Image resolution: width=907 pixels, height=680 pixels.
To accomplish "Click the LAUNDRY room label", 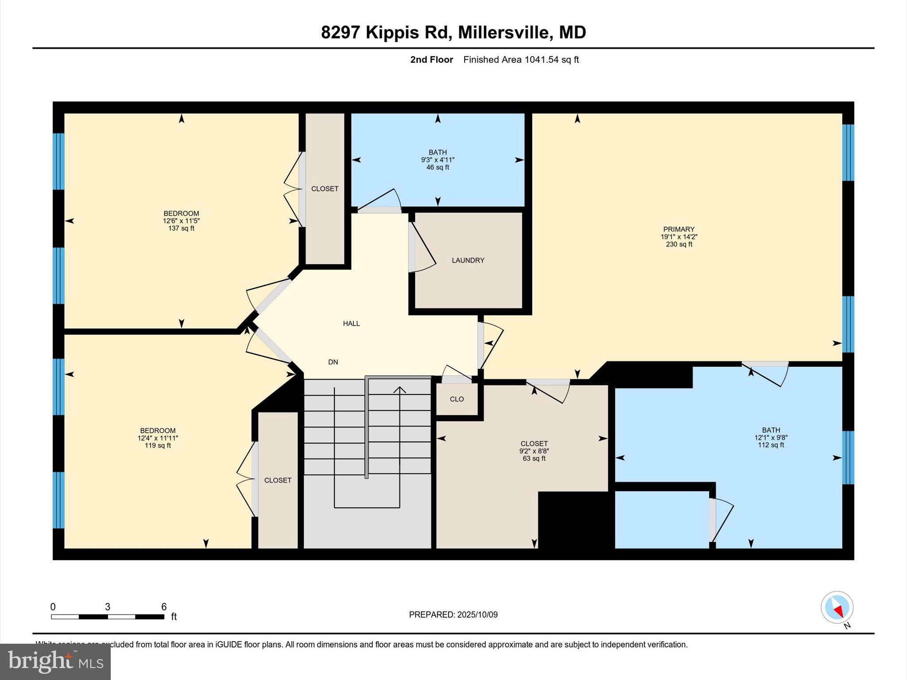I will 468,260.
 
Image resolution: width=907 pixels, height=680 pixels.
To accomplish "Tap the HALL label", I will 351,324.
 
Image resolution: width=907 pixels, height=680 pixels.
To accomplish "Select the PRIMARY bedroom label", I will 678,229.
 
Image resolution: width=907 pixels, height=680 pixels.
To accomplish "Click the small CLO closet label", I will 457,399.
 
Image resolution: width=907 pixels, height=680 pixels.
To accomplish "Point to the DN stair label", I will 333,362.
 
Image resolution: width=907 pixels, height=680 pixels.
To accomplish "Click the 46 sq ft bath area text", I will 438,167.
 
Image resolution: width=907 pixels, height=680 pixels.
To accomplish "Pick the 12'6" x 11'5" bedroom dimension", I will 181,221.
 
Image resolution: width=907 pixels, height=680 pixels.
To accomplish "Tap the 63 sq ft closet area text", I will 534,459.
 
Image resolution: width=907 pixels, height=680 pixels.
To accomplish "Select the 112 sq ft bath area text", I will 771,445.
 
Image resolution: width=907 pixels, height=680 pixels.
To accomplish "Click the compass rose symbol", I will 837,607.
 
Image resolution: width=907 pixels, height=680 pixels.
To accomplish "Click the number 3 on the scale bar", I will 108,607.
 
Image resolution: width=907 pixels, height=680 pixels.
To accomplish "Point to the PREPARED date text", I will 453,614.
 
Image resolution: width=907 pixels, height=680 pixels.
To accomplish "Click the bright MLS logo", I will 55,661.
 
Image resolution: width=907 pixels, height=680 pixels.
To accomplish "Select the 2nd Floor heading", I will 431,60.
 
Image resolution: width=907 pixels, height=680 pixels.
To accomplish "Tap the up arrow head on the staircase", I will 400,390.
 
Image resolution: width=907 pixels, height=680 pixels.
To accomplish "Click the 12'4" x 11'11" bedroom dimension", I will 158,438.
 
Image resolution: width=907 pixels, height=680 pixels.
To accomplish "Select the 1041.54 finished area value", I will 542,60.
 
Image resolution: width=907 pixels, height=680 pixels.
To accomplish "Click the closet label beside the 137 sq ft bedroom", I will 325,189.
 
